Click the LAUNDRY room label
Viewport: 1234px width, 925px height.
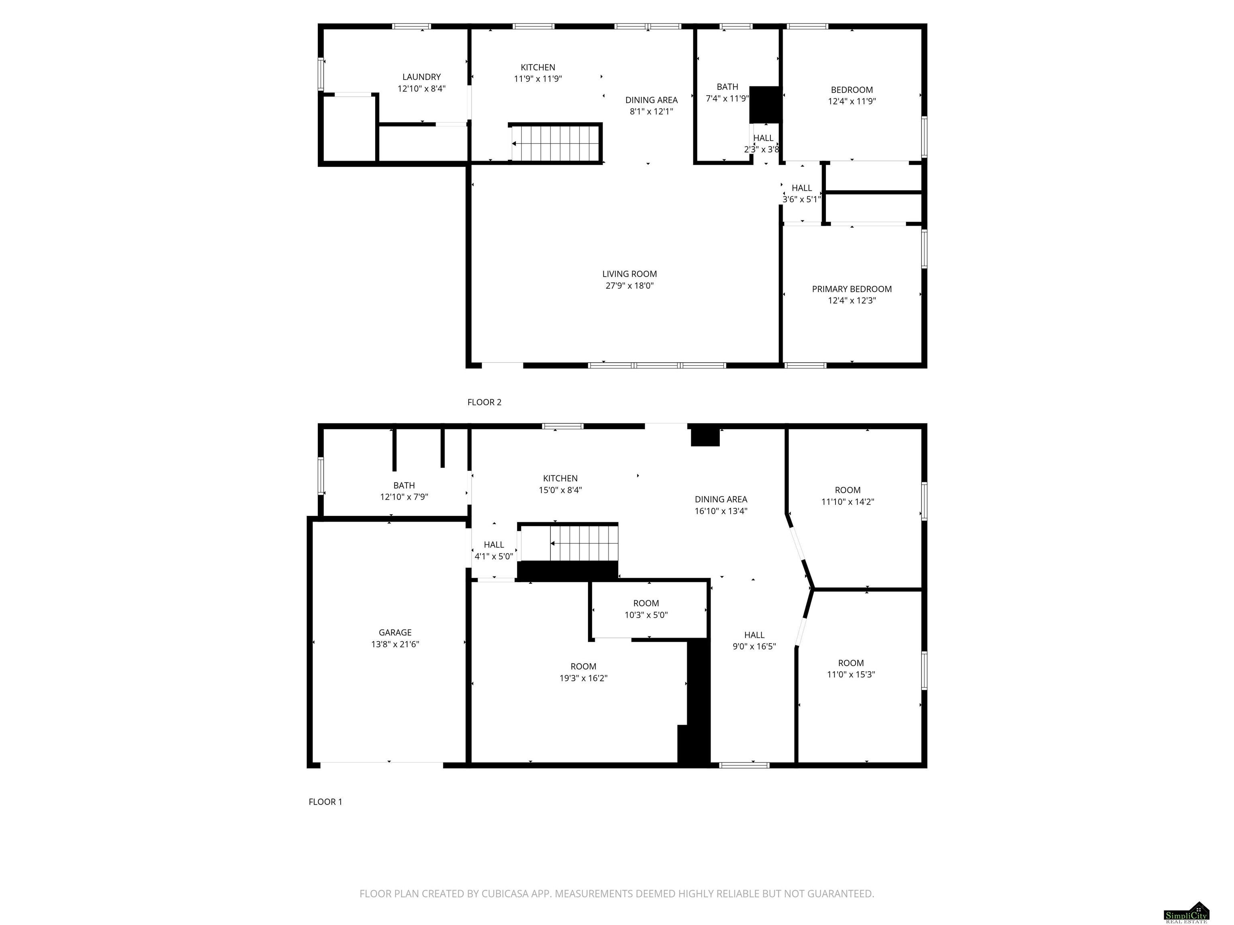click(x=421, y=77)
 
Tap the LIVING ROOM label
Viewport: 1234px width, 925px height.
click(x=629, y=274)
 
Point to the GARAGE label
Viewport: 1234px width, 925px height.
click(x=395, y=632)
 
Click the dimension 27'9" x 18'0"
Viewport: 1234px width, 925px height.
click(x=629, y=285)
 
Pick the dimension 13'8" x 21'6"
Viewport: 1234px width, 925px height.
click(x=395, y=644)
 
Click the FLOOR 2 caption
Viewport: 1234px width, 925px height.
click(x=484, y=402)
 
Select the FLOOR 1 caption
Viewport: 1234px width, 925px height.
click(x=325, y=802)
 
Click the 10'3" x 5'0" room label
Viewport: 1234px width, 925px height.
click(x=646, y=609)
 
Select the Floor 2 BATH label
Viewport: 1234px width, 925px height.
click(x=727, y=87)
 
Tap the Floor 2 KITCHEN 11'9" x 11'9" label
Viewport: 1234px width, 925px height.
click(x=538, y=73)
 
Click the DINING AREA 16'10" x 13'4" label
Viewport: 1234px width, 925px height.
click(x=721, y=505)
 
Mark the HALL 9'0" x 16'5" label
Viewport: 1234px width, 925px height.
click(x=754, y=641)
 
